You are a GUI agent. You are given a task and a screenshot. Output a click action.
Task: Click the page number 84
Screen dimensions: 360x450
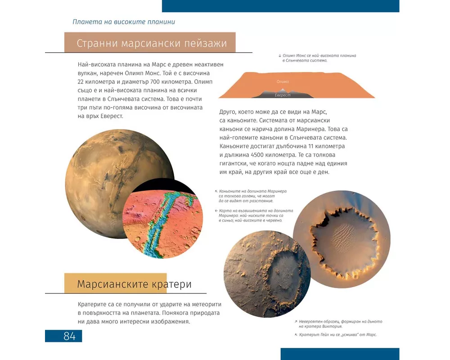pyautogui.click(x=69, y=336)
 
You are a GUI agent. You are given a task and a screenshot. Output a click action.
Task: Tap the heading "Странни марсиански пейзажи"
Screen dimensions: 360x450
pyautogui.click(x=155, y=44)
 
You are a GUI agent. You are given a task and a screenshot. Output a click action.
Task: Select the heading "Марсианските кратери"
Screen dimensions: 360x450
pyautogui.click(x=134, y=284)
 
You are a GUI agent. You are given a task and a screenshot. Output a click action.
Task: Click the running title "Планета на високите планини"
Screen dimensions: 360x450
pyautogui.click(x=123, y=22)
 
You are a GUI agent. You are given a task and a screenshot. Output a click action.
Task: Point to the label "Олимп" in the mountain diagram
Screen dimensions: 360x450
pyautogui.click(x=283, y=81)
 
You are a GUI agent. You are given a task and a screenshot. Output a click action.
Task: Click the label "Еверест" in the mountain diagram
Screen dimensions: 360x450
pyautogui.click(x=283, y=95)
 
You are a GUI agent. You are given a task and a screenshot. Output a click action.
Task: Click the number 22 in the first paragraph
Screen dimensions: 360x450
pyautogui.click(x=81, y=81)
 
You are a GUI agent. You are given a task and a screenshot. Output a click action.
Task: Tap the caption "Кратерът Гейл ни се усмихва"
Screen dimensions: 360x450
pyautogui.click(x=337, y=334)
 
